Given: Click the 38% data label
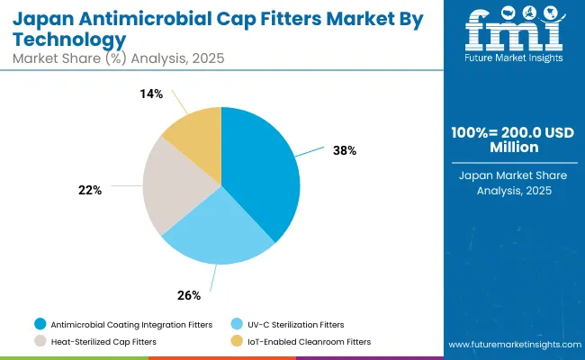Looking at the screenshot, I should click(x=345, y=150).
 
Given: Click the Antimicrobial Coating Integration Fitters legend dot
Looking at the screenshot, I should click(x=40, y=324).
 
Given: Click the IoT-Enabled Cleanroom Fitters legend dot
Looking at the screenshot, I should click(x=237, y=341).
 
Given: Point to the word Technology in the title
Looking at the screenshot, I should click(x=68, y=40).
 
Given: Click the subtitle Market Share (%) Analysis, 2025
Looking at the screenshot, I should click(x=117, y=58).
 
